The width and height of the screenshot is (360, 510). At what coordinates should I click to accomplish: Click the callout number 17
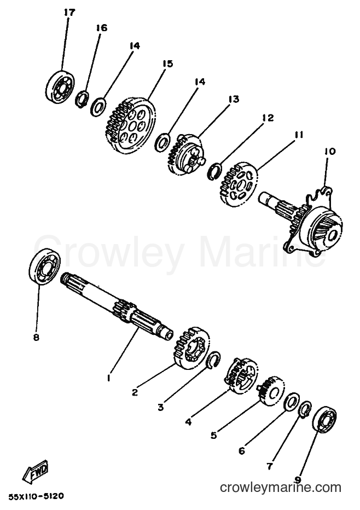click(69, 13)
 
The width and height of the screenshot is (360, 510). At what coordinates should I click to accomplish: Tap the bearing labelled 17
click(59, 86)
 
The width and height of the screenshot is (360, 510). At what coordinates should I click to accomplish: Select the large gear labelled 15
click(130, 125)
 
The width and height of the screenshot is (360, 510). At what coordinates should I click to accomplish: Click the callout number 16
click(101, 28)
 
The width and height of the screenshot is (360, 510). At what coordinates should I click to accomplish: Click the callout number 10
click(330, 151)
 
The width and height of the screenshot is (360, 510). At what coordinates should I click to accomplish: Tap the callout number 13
click(233, 99)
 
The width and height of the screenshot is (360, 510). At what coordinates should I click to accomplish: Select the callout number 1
click(109, 378)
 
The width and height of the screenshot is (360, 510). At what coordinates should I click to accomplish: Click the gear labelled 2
click(191, 348)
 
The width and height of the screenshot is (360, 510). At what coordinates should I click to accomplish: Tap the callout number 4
click(188, 422)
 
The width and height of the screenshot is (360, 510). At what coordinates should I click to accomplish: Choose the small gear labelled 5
click(271, 391)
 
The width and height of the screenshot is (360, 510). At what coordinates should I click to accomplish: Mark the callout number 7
click(270, 466)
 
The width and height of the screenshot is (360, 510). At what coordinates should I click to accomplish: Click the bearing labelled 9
click(324, 420)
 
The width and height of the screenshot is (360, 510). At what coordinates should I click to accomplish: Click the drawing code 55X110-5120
click(36, 496)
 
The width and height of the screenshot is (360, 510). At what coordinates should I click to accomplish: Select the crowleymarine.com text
click(281, 488)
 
